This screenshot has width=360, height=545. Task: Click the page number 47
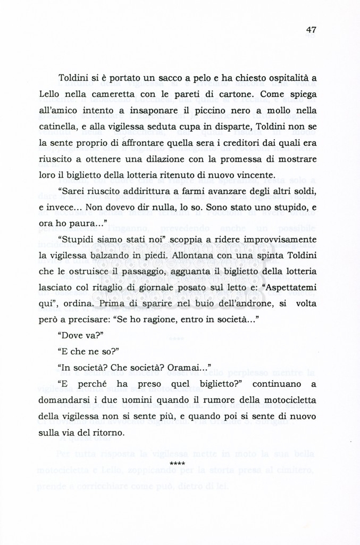pyautogui.click(x=311, y=30)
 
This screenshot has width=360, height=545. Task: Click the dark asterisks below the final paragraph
pyautogui.click(x=178, y=464)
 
